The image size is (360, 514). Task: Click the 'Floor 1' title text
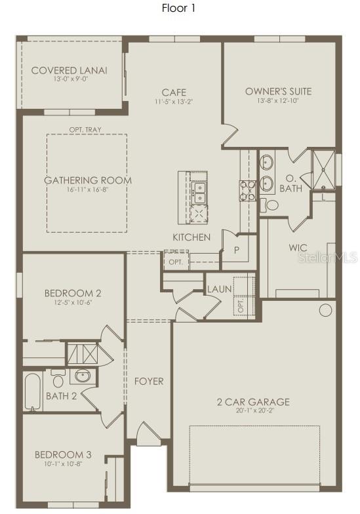179,9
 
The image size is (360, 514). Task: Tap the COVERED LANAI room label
70,71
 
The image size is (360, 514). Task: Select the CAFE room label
175,92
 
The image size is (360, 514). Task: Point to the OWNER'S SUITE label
278,91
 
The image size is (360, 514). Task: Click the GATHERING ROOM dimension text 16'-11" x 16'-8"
87,189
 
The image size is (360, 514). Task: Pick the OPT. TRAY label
85,130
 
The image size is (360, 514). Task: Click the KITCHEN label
191,237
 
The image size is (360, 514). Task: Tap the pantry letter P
236,249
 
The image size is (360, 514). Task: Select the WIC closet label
299,248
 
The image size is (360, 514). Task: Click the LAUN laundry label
217,288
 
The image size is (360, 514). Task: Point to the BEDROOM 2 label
72,293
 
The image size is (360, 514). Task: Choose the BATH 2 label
62,395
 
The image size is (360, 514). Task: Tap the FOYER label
149,381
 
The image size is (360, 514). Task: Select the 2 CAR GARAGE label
253,402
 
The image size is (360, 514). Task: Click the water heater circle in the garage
326,310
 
